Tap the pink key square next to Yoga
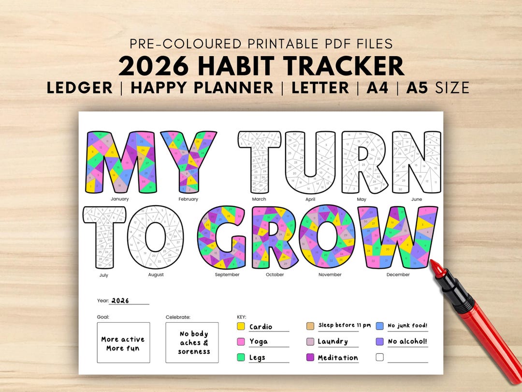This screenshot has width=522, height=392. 241,342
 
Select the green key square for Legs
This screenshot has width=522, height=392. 241,358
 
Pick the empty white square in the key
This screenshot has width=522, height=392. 379,358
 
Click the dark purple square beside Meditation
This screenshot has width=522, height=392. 310,358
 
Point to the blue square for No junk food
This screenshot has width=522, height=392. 379,326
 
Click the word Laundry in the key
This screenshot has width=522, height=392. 333,342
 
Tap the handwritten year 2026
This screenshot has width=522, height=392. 120,301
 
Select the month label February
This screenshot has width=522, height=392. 188,199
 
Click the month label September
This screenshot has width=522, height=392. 227,274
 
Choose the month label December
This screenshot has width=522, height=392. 398,274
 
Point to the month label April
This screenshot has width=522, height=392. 310,199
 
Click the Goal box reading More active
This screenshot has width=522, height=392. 123,343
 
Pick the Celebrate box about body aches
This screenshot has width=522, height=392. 192,343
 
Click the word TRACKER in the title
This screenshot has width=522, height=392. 337,67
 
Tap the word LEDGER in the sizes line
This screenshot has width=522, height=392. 80,88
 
